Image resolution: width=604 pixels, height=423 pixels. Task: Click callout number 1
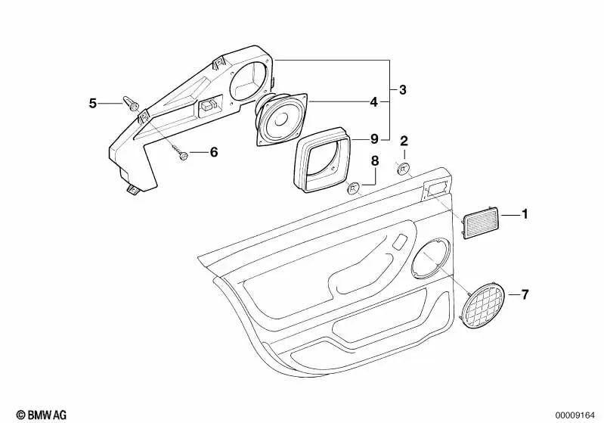tap(525, 215)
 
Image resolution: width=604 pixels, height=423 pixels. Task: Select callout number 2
tap(404, 141)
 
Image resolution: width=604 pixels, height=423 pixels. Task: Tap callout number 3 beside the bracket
tap(403, 90)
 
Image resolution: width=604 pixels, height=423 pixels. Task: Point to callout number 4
tap(373, 100)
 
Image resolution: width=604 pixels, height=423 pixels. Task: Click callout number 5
tap(93, 103)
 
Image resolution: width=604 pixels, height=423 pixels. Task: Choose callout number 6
tap(213, 152)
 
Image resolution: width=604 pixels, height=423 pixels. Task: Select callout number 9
tap(373, 138)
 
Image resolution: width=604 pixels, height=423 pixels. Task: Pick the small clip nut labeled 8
tap(352, 188)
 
